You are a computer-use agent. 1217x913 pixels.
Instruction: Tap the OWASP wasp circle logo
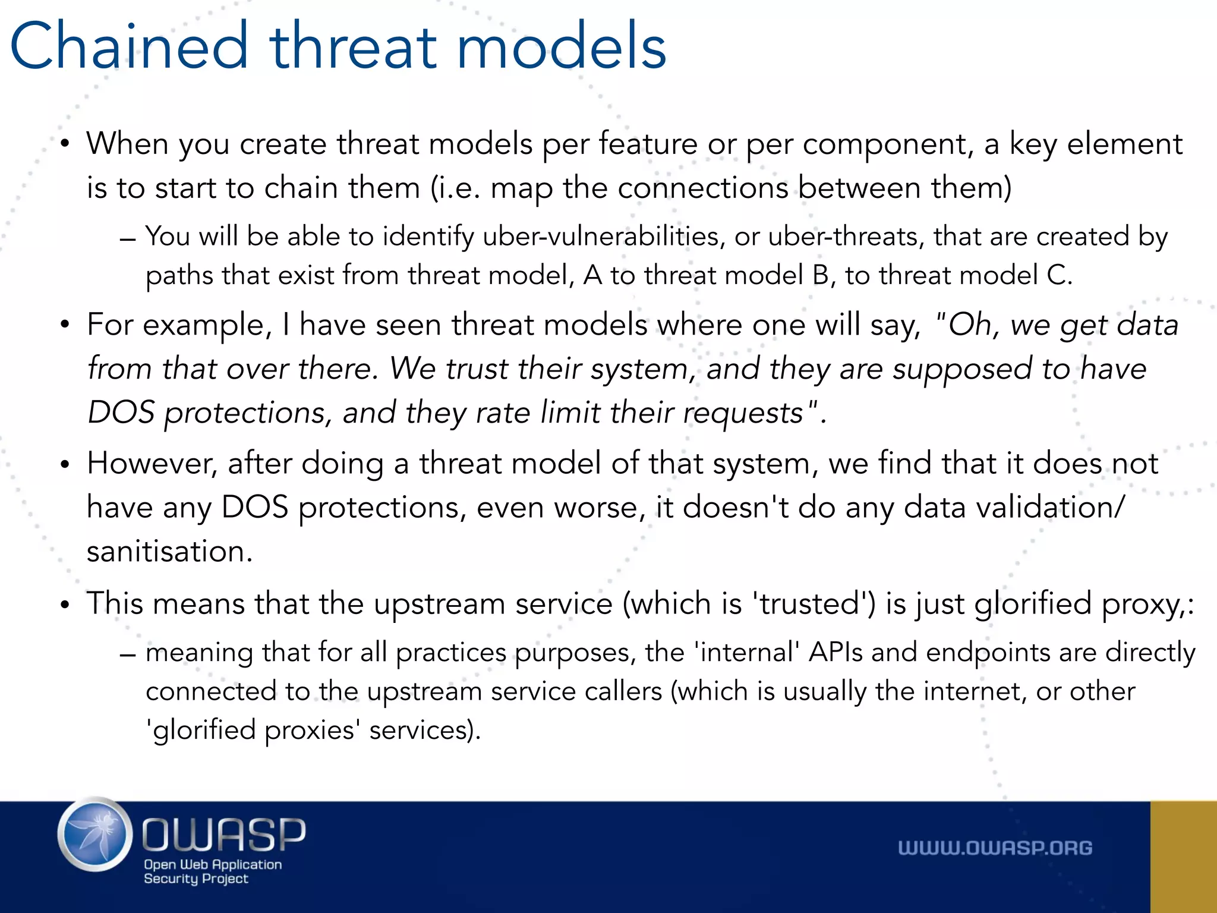click(95, 835)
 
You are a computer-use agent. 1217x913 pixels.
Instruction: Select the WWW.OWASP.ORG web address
click(995, 848)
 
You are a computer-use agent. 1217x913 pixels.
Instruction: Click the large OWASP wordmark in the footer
click(223, 835)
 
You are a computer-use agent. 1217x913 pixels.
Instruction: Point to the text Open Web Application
click(213, 864)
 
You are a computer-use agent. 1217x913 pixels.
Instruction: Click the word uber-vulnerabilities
click(604, 237)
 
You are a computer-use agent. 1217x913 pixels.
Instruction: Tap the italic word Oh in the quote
click(970, 325)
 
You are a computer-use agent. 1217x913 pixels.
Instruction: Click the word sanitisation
click(170, 551)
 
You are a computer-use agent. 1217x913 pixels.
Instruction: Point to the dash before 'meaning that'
click(127, 654)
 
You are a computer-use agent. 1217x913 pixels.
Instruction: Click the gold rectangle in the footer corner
click(1183, 857)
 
